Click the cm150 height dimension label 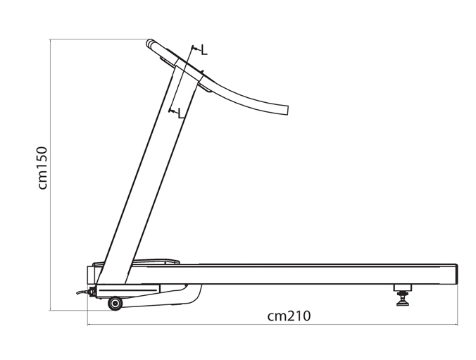point(43,168)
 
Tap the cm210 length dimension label point(289,316)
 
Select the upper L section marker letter point(205,50)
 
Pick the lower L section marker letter point(181,113)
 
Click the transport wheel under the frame point(115,303)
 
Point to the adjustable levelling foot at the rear point(403,294)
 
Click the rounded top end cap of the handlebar point(149,44)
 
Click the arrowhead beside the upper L point(195,49)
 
